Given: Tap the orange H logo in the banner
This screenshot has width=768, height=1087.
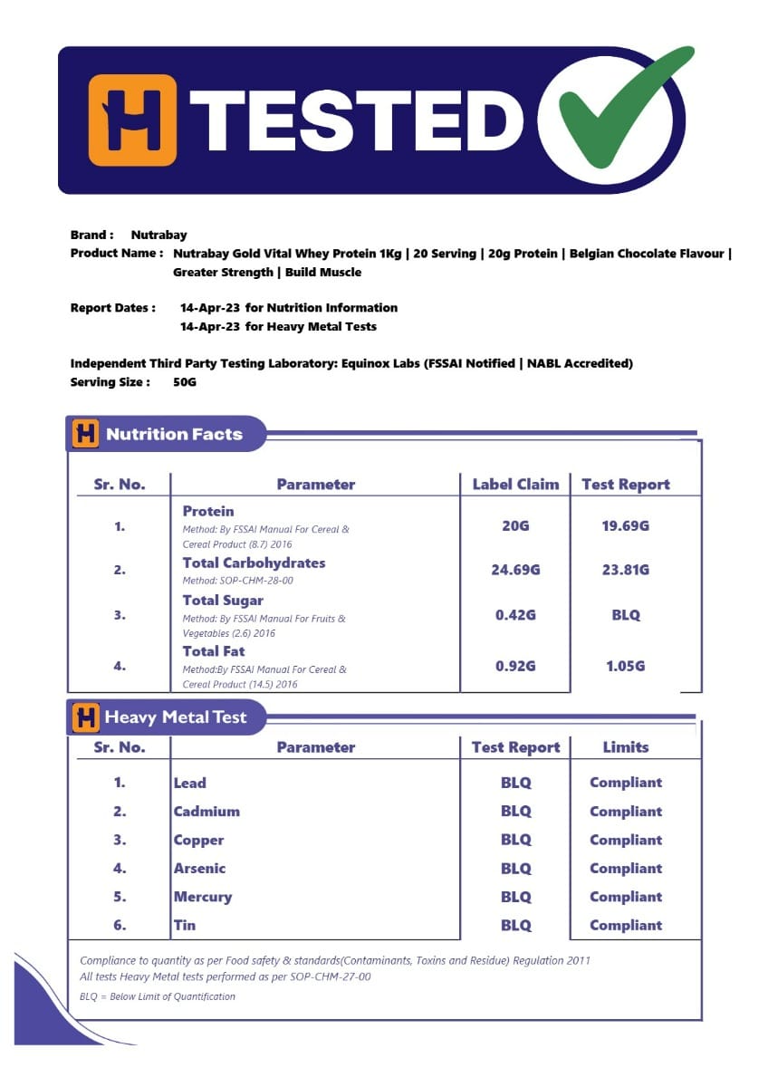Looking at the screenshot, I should point(132,120).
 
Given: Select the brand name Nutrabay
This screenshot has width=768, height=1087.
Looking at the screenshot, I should point(158,235).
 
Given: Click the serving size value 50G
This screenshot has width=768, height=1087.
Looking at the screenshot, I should point(185,382).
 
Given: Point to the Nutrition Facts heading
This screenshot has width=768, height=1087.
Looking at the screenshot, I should point(174,434).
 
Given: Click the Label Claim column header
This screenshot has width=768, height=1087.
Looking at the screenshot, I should point(515,484).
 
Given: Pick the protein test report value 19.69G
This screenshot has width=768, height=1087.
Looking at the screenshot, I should point(625,525).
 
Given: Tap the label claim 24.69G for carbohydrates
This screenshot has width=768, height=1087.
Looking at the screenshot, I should point(515,570).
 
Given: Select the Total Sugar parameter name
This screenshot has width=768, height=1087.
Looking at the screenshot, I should point(223,601).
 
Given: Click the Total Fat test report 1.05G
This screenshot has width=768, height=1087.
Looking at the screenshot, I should point(625,666).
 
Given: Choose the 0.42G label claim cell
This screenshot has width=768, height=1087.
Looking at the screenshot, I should point(515,615).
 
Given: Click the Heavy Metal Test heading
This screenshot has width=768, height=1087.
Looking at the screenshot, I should point(175,717).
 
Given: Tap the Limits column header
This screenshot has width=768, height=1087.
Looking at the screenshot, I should point(626,747).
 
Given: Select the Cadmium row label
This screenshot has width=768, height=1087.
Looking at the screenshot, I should point(206,812).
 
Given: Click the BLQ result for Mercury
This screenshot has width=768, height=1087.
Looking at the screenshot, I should point(515,897).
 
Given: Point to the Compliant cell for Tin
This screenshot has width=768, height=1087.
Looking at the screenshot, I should point(626,925).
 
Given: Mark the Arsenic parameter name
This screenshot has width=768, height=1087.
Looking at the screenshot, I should point(199,868).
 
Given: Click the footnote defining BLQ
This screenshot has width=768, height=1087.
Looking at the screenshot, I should point(158,996).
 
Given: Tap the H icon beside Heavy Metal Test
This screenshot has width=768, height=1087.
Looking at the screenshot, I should point(85,717).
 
